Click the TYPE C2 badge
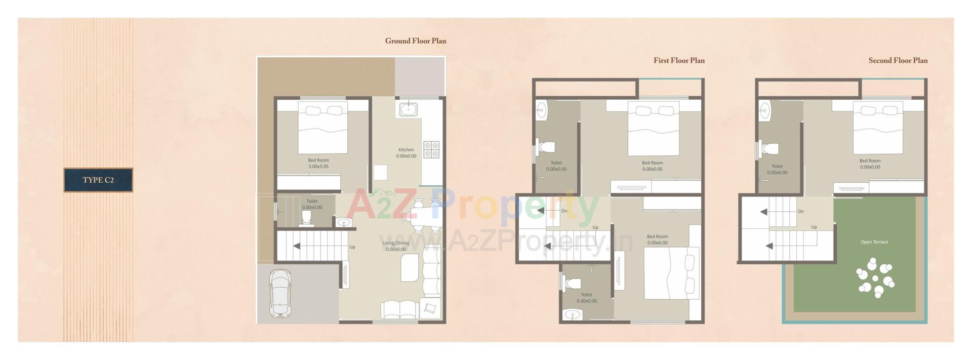98,180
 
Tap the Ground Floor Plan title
416,41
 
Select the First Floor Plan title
679,60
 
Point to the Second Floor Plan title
898,60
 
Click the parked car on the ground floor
279,294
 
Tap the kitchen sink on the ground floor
408,109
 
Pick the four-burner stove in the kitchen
431,149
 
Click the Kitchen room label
406,150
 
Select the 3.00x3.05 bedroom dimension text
318,166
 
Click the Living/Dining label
396,243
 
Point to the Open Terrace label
874,242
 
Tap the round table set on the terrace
875,278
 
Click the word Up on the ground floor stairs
352,247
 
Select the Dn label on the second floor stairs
801,211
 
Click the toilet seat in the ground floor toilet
306,217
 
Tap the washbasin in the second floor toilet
764,109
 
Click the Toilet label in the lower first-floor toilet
586,295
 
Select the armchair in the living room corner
430,308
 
